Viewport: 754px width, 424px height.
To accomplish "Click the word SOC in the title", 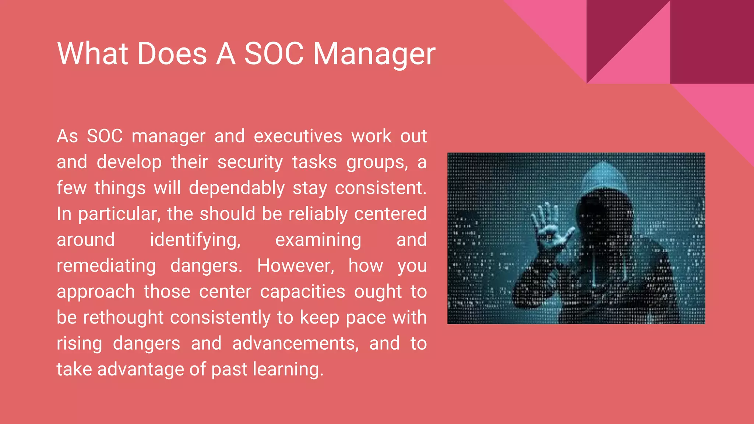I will pos(274,54).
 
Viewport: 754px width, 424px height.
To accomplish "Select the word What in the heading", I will pos(93,54).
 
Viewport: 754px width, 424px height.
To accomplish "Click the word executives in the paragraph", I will pos(298,136).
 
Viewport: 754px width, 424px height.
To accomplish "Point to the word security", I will pos(250,162).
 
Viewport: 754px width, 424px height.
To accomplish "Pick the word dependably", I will pos(237,188).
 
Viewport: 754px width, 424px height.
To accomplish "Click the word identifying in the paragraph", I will pos(195,240).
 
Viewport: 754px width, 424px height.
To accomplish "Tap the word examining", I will pos(318,240).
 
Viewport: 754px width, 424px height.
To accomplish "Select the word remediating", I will pos(106,266).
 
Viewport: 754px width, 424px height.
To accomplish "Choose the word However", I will pos(296,266).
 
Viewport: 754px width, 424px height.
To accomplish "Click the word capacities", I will pos(303,292).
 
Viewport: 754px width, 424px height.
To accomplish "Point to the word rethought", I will pos(123,318).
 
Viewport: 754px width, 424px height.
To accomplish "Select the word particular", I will pos(119,214).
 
